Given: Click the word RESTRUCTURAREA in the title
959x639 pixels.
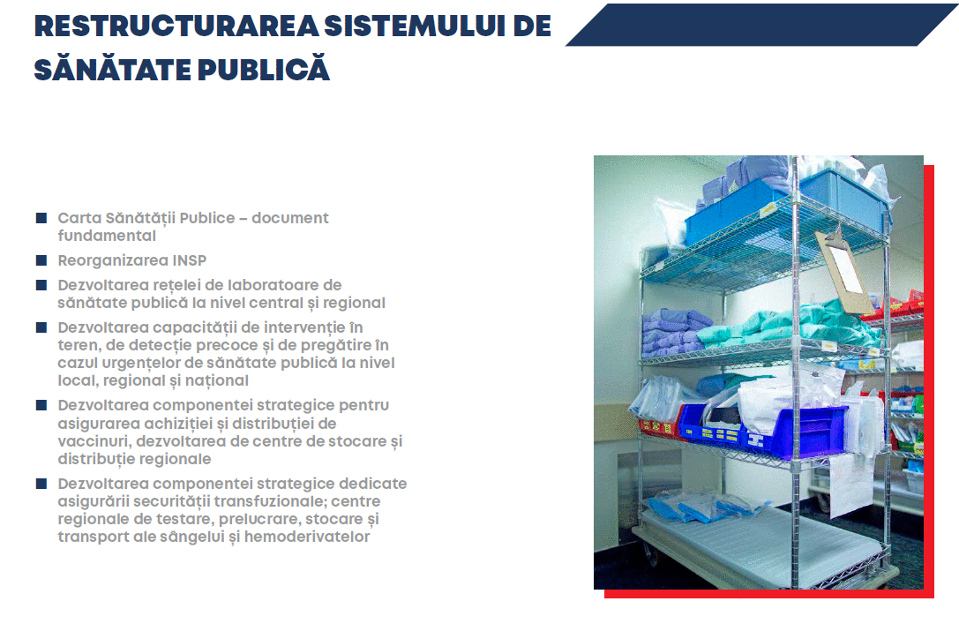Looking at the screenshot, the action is tap(176, 26).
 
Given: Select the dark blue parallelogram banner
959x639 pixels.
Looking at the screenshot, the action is tap(761, 25).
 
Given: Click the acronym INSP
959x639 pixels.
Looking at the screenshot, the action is tap(190, 260).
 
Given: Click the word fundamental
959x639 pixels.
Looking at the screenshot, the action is tap(107, 236).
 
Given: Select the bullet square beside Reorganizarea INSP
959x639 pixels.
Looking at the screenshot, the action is tap(41, 260).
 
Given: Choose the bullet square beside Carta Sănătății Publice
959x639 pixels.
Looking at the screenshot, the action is tap(41, 218).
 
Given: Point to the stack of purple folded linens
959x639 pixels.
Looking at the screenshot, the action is tap(675, 332).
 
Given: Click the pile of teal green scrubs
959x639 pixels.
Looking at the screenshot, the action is tap(789, 327).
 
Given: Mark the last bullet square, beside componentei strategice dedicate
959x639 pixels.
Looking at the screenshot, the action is tap(41, 484).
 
